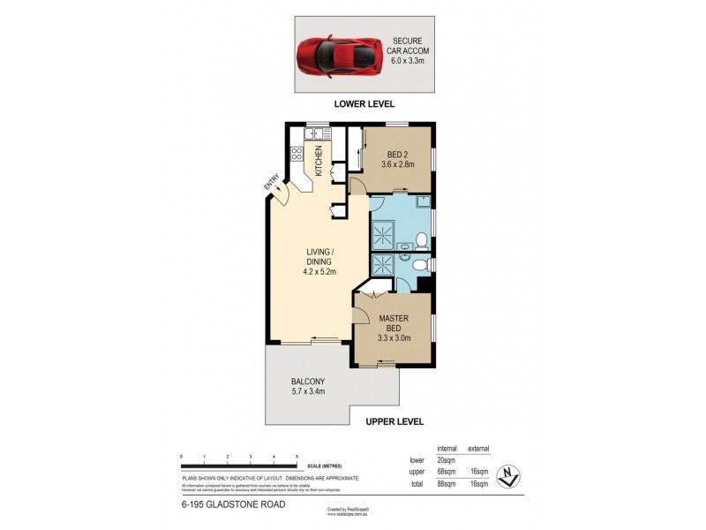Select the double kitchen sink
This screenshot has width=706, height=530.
pyautogui.click(x=316, y=134)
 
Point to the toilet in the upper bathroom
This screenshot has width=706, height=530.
pyautogui.click(x=421, y=238)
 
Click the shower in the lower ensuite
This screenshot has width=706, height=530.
pyautogui.click(x=385, y=265)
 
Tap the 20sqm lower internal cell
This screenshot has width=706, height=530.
pyautogui.click(x=445, y=460)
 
